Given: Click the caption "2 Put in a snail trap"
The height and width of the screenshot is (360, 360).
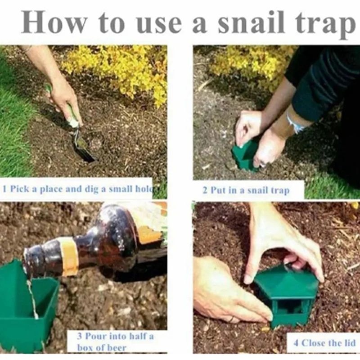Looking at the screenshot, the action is pyautogui.click(x=246, y=190).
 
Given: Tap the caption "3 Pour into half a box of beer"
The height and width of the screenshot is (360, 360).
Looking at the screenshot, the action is pyautogui.click(x=115, y=342).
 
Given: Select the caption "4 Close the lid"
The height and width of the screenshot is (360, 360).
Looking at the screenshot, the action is pyautogui.click(x=324, y=343).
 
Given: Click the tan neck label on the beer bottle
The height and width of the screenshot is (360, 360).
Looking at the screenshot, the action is pyautogui.click(x=68, y=256).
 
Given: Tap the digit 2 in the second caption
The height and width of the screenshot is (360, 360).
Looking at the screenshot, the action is pyautogui.click(x=205, y=190).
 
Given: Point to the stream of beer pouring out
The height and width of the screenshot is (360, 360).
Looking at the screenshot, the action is pyautogui.click(x=32, y=298).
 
